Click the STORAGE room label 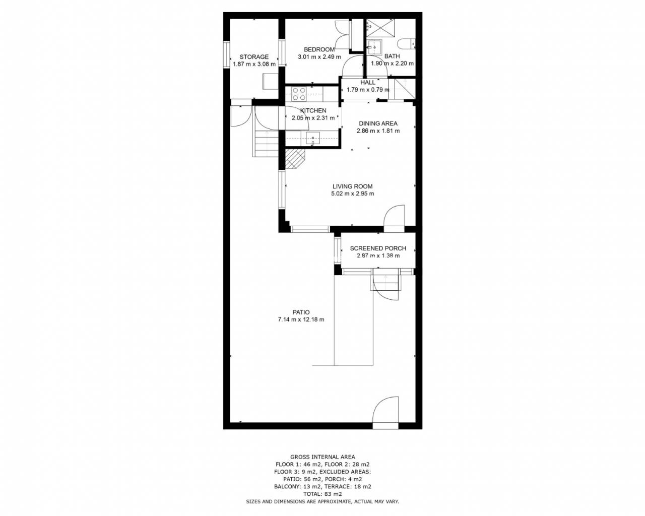[x=254, y=56]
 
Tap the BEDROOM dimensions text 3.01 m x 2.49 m [x=319, y=56]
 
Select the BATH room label [x=392, y=56]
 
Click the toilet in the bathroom [x=406, y=44]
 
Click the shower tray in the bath [x=380, y=28]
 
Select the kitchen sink [x=312, y=139]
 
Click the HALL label [x=367, y=82]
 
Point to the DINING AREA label [x=378, y=123]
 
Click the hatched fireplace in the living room [x=295, y=158]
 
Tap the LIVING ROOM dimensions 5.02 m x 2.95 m [x=352, y=193]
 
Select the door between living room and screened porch [x=394, y=218]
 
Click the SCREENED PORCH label [x=378, y=248]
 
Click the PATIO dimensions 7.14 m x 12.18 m [x=301, y=319]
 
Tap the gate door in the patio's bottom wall [x=386, y=413]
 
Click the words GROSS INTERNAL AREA [x=322, y=457]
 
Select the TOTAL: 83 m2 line [x=322, y=494]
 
